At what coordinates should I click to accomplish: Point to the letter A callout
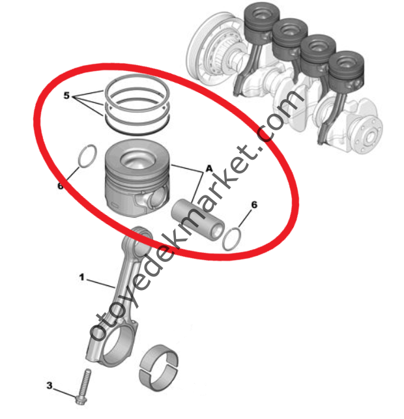coord(209,168)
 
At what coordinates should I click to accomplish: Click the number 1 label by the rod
coord(82,277)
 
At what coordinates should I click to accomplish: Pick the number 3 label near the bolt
coord(49,386)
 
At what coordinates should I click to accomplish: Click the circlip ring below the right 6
coord(233,239)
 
